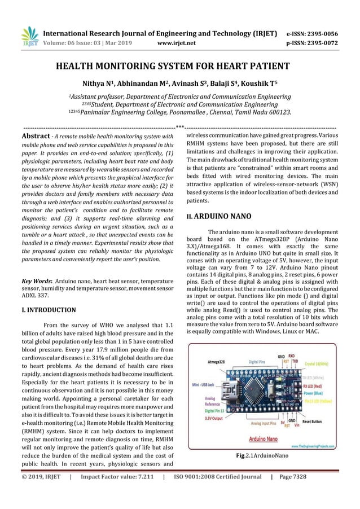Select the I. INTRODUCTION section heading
[49, 310]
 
